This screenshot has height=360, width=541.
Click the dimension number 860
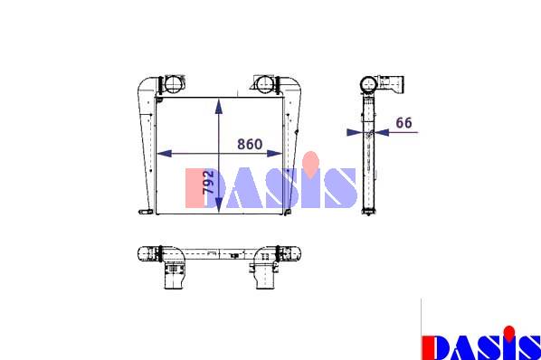coord(250,144)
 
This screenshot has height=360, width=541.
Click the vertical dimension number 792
coord(208,182)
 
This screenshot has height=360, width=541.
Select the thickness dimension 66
coord(403,123)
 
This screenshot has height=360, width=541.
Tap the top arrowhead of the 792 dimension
coord(219,106)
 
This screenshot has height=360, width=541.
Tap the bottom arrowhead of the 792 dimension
coord(219,204)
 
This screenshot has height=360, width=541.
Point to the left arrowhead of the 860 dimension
coord(165,154)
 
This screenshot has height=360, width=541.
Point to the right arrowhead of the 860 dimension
coord(275,154)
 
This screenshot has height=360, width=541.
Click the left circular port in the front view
coord(173,84)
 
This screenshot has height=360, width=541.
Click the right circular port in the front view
coord(265,84)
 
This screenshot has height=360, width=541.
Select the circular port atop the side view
coord(369,84)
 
